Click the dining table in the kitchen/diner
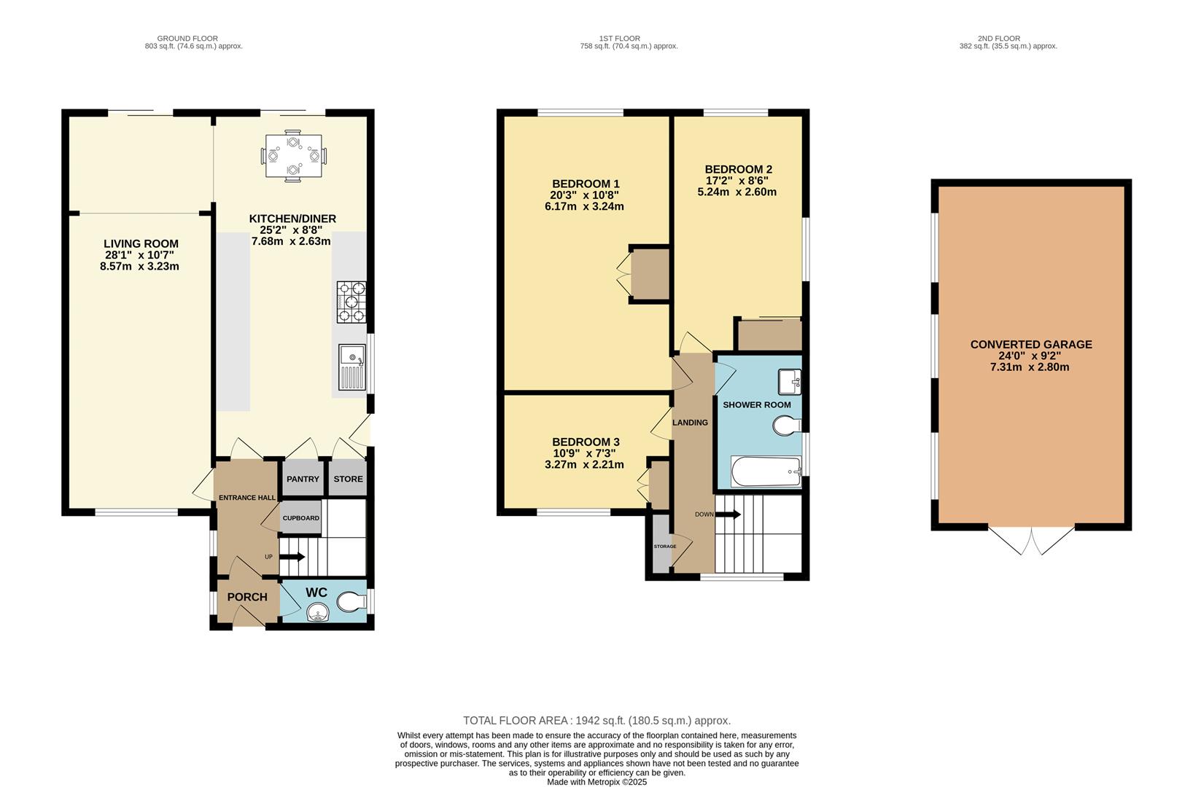point(293,157)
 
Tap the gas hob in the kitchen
point(351,302)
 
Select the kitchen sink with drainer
point(352,367)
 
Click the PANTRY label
point(303,479)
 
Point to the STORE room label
point(349,479)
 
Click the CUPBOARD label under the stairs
point(301,518)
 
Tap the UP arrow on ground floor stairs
point(292,557)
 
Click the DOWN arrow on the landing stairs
point(728,514)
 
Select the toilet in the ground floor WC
point(352,602)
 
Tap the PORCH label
point(247,597)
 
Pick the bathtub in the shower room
point(766,471)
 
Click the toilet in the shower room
point(787,426)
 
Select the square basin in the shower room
point(790,382)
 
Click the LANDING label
point(691,423)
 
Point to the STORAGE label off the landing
point(664,547)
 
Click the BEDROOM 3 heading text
point(586,442)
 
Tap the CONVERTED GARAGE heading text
point(1031,344)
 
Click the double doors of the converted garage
point(1031,541)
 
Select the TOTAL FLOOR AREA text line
point(597,721)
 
